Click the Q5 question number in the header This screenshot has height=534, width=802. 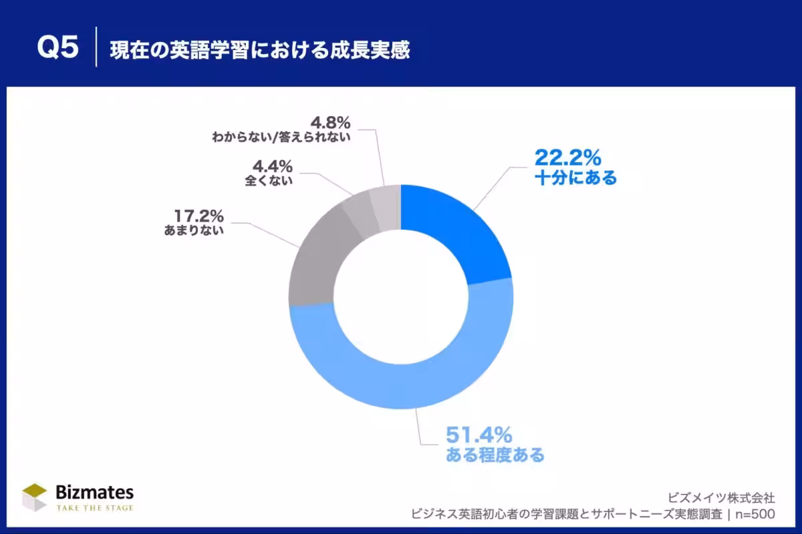pos(57,49)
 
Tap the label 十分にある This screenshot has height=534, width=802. pos(575,178)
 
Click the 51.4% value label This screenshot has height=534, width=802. pos(479,436)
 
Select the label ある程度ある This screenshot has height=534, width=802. pos(495,457)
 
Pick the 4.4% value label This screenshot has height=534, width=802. pos(272,166)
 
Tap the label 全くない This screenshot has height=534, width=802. pos(269,180)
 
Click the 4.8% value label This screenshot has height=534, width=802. pos(330,122)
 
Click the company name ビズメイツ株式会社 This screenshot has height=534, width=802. pos(720,497)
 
